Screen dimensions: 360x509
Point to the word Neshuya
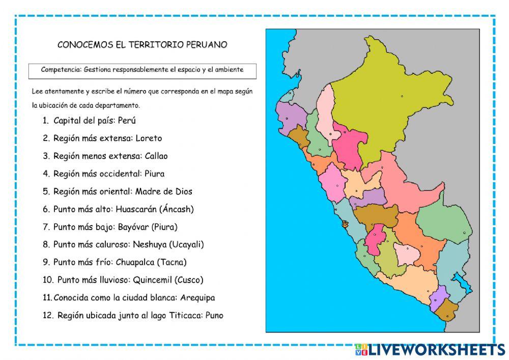pyautogui.click(x=150, y=244)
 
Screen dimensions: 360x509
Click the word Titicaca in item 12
pyautogui.click(x=186, y=316)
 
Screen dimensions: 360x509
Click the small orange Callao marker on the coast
pyautogui.click(x=346, y=224)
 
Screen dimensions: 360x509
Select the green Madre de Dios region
pyautogui.click(x=444, y=224)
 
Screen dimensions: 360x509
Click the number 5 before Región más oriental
pyautogui.click(x=46, y=191)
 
